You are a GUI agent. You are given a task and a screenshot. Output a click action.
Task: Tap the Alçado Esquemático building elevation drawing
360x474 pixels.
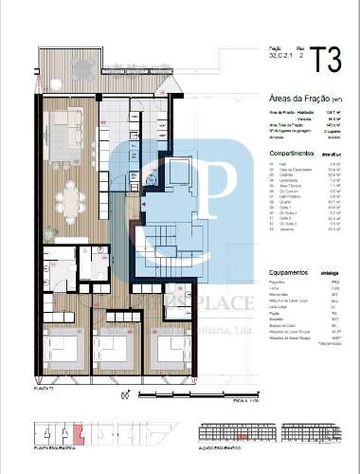point(272,436)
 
